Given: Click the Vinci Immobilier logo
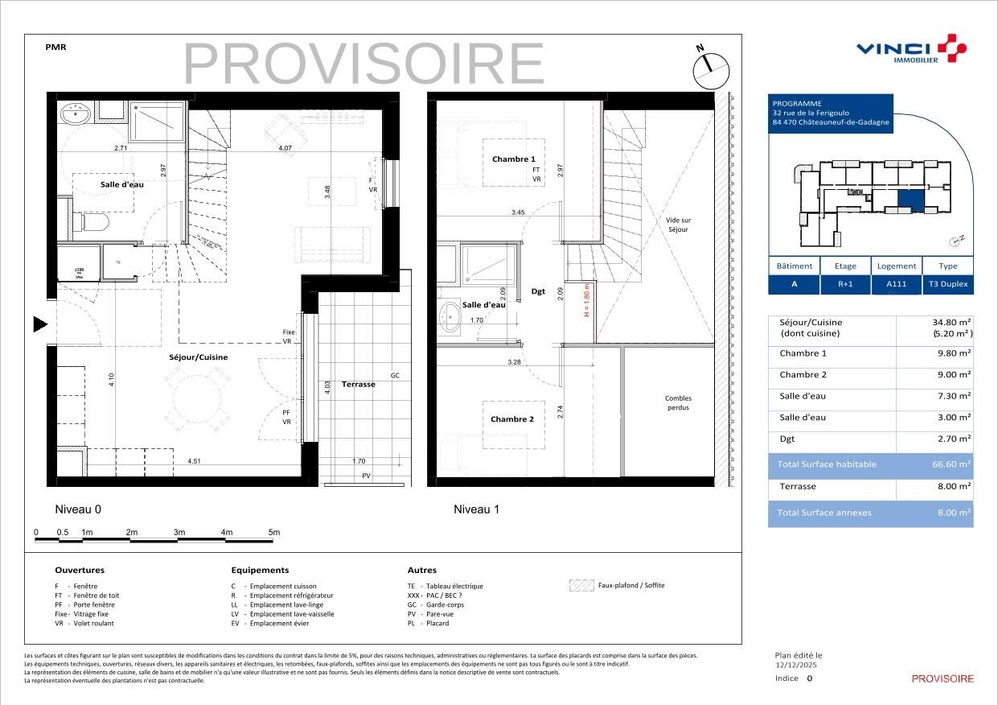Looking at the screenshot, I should coord(910,50).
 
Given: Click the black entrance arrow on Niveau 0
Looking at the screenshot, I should coord(40,324).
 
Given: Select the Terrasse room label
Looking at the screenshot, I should coord(358,385).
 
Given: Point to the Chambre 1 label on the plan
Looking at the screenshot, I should coord(513,159).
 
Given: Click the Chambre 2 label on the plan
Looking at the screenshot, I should coord(512,419).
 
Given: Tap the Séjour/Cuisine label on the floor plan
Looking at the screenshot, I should coord(198,357).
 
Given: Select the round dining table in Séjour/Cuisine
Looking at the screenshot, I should coord(197,397).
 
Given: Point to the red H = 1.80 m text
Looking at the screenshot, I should coord(587,299).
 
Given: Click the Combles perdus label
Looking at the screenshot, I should coord(678,402).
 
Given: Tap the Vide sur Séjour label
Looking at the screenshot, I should coord(678,225).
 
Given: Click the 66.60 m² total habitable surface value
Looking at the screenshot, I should coord(951,464).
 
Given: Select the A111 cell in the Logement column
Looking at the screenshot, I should coord(896,284).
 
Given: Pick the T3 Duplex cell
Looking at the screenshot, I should coord(948,284).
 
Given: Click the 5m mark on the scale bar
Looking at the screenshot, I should coord(273,533).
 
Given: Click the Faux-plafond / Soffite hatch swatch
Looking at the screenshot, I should coord(581,586).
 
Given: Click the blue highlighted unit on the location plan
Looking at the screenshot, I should coord(910,200).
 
